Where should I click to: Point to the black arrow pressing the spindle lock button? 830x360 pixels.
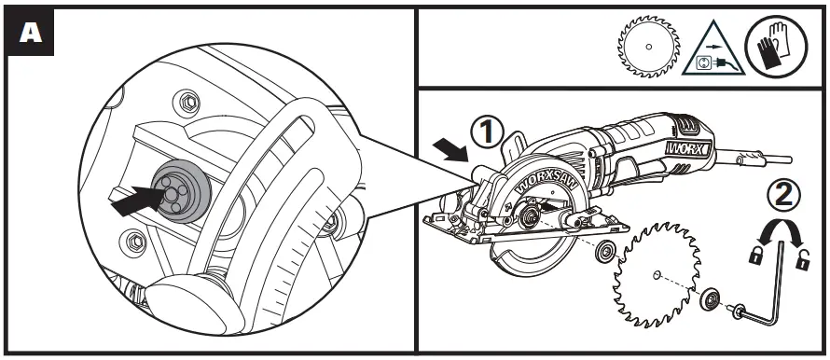pos(133,199)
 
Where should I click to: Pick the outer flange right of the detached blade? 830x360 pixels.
pos(711,296)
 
